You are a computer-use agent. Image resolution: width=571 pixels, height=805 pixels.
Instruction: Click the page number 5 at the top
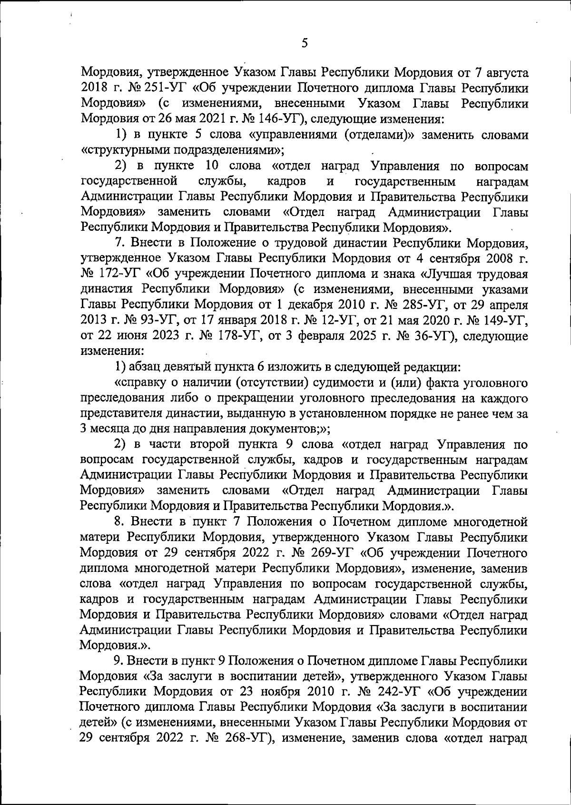305,43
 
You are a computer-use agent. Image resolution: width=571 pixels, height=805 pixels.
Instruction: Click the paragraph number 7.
119,243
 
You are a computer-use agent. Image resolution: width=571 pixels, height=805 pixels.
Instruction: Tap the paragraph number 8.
119,522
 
